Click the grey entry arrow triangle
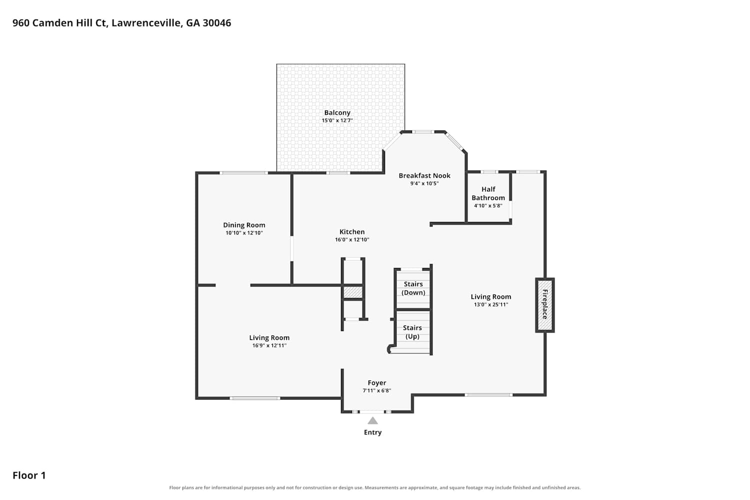[x=372, y=420]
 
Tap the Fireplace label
[x=545, y=304]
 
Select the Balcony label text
[x=337, y=112]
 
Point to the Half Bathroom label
[x=488, y=193]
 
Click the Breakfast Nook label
[x=424, y=175]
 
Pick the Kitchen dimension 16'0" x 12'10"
[x=352, y=239]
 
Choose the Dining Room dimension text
[x=244, y=233]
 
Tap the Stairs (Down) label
[x=413, y=288]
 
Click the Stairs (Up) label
[x=412, y=332]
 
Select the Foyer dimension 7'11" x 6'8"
[x=376, y=390]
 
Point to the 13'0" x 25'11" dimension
[x=491, y=304]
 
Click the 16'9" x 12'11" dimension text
[x=269, y=345]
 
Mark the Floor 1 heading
[x=29, y=475]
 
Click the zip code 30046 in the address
[x=216, y=23]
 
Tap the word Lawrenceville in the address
[x=147, y=23]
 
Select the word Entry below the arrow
[x=372, y=432]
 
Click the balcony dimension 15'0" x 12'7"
[x=337, y=120]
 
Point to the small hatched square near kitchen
[x=353, y=292]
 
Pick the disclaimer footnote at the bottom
[x=374, y=487]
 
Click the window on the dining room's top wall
[x=244, y=173]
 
